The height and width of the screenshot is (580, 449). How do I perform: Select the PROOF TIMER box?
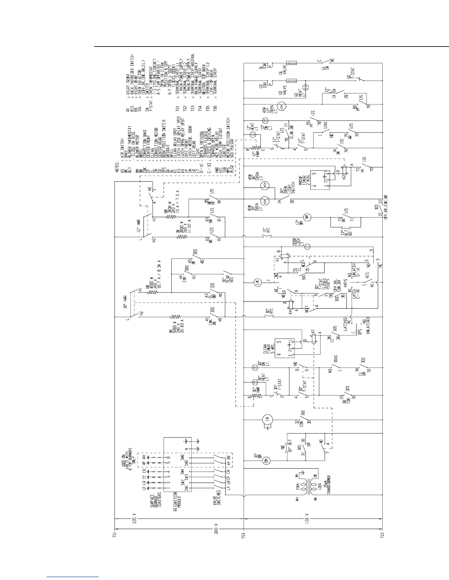[320, 180]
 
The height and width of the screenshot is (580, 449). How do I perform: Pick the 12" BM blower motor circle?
[307, 218]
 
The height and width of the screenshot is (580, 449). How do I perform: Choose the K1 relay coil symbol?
[314, 338]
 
